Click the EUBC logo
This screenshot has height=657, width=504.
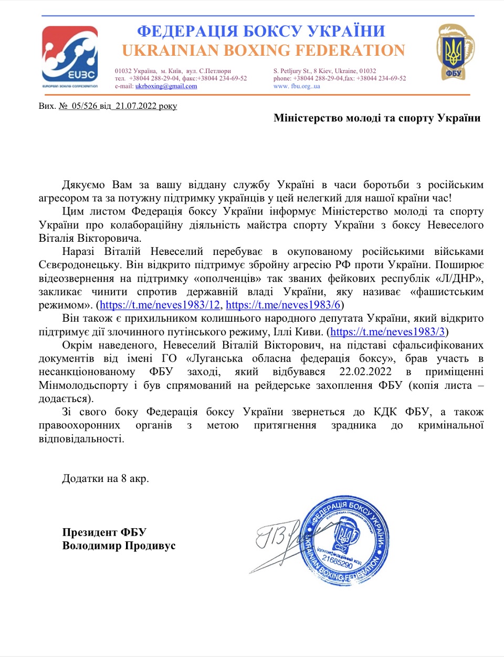tap(70, 57)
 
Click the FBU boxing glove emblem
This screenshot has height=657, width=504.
tap(453, 51)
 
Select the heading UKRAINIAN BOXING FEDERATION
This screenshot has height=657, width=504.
tap(264, 50)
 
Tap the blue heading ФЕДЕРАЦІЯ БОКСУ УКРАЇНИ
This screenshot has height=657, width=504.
tap(261, 32)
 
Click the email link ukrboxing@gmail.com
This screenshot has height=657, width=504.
tap(166, 86)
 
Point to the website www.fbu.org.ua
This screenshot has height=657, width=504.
tap(297, 86)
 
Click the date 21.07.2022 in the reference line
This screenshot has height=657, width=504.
tap(136, 106)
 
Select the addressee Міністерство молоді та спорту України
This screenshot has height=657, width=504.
tap(377, 118)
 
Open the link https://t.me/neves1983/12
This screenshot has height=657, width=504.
tap(160, 305)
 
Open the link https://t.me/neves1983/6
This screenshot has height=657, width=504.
tap(283, 305)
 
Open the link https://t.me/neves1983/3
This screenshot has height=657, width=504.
tap(387, 332)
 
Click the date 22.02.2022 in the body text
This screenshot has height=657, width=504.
tap(365, 372)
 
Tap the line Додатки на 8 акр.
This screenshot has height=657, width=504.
tap(105, 478)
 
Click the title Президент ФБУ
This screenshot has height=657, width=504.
tap(104, 532)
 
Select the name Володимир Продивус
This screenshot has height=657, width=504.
tap(119, 546)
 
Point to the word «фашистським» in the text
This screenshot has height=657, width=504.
tap(447, 292)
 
